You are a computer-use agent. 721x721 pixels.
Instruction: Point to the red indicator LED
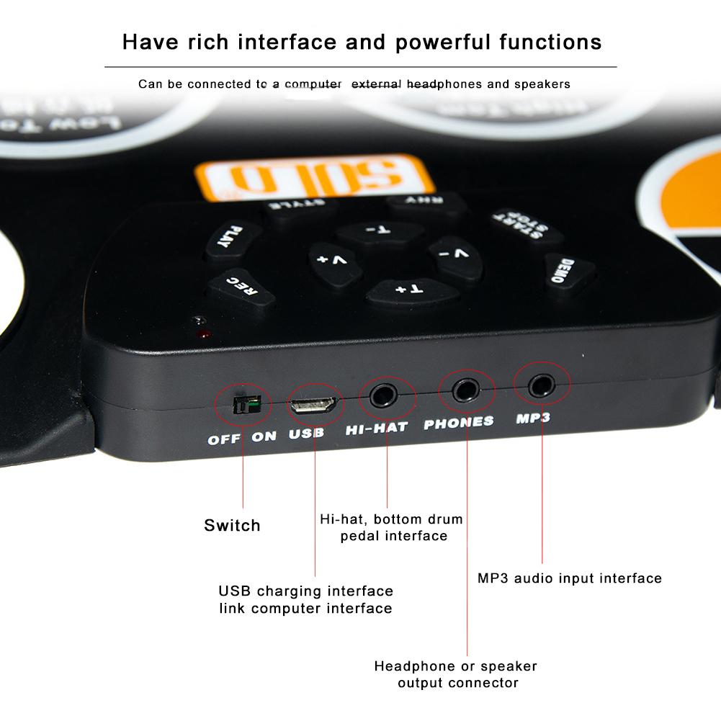click(205, 334)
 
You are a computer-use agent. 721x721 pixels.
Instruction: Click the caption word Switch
click(232, 525)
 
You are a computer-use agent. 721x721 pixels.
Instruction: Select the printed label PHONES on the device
click(459, 423)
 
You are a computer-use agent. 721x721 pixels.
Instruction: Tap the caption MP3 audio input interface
click(569, 578)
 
